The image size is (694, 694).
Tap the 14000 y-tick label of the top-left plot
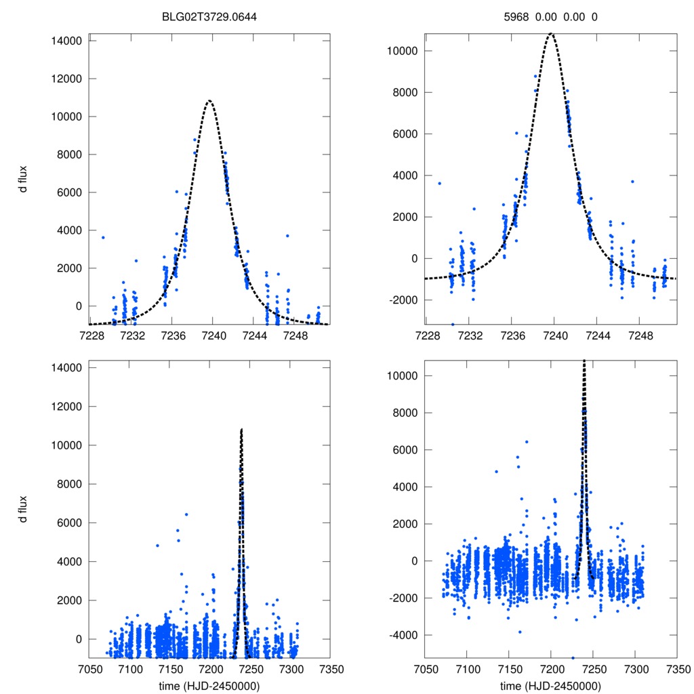pyautogui.click(x=66, y=41)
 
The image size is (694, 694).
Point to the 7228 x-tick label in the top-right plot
pyautogui.click(x=427, y=335)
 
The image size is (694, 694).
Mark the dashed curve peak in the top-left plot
pyautogui.click(x=209, y=100)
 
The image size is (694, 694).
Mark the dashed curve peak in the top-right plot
pyautogui.click(x=551, y=33)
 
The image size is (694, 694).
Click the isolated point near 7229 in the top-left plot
pyautogui.click(x=103, y=237)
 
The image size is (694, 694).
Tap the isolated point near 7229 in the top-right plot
pyautogui.click(x=439, y=183)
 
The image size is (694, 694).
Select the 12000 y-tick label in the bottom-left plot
pyautogui.click(x=66, y=407)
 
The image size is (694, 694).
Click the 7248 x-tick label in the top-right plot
pyautogui.click(x=640, y=335)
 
